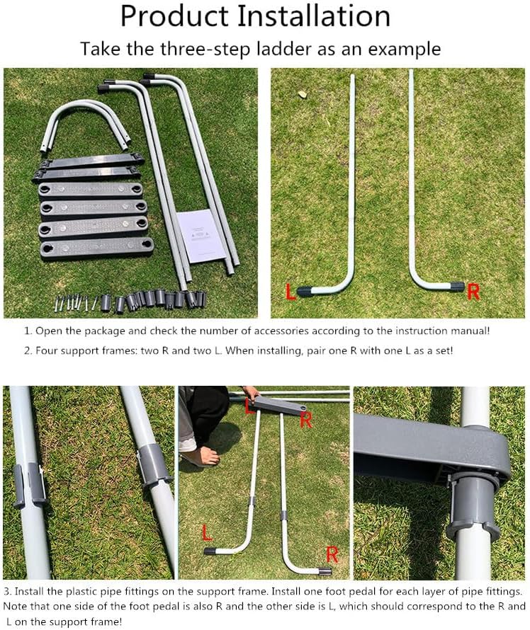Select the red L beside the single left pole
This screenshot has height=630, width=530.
tap(291, 292)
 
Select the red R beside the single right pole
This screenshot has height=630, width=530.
tap(473, 292)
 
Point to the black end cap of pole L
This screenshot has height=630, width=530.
tap(308, 290)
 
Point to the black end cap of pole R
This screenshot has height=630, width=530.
tap(455, 287)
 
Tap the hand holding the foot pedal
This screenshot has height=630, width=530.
tap(249, 393)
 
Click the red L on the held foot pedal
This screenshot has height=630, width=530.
tap(250, 406)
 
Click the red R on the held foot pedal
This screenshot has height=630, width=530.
tap(306, 420)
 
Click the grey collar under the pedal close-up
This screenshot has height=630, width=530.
tap(473, 507)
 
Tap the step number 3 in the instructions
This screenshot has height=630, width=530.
tap(7, 590)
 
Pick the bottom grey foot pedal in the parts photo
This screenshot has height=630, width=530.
tap(96, 248)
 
